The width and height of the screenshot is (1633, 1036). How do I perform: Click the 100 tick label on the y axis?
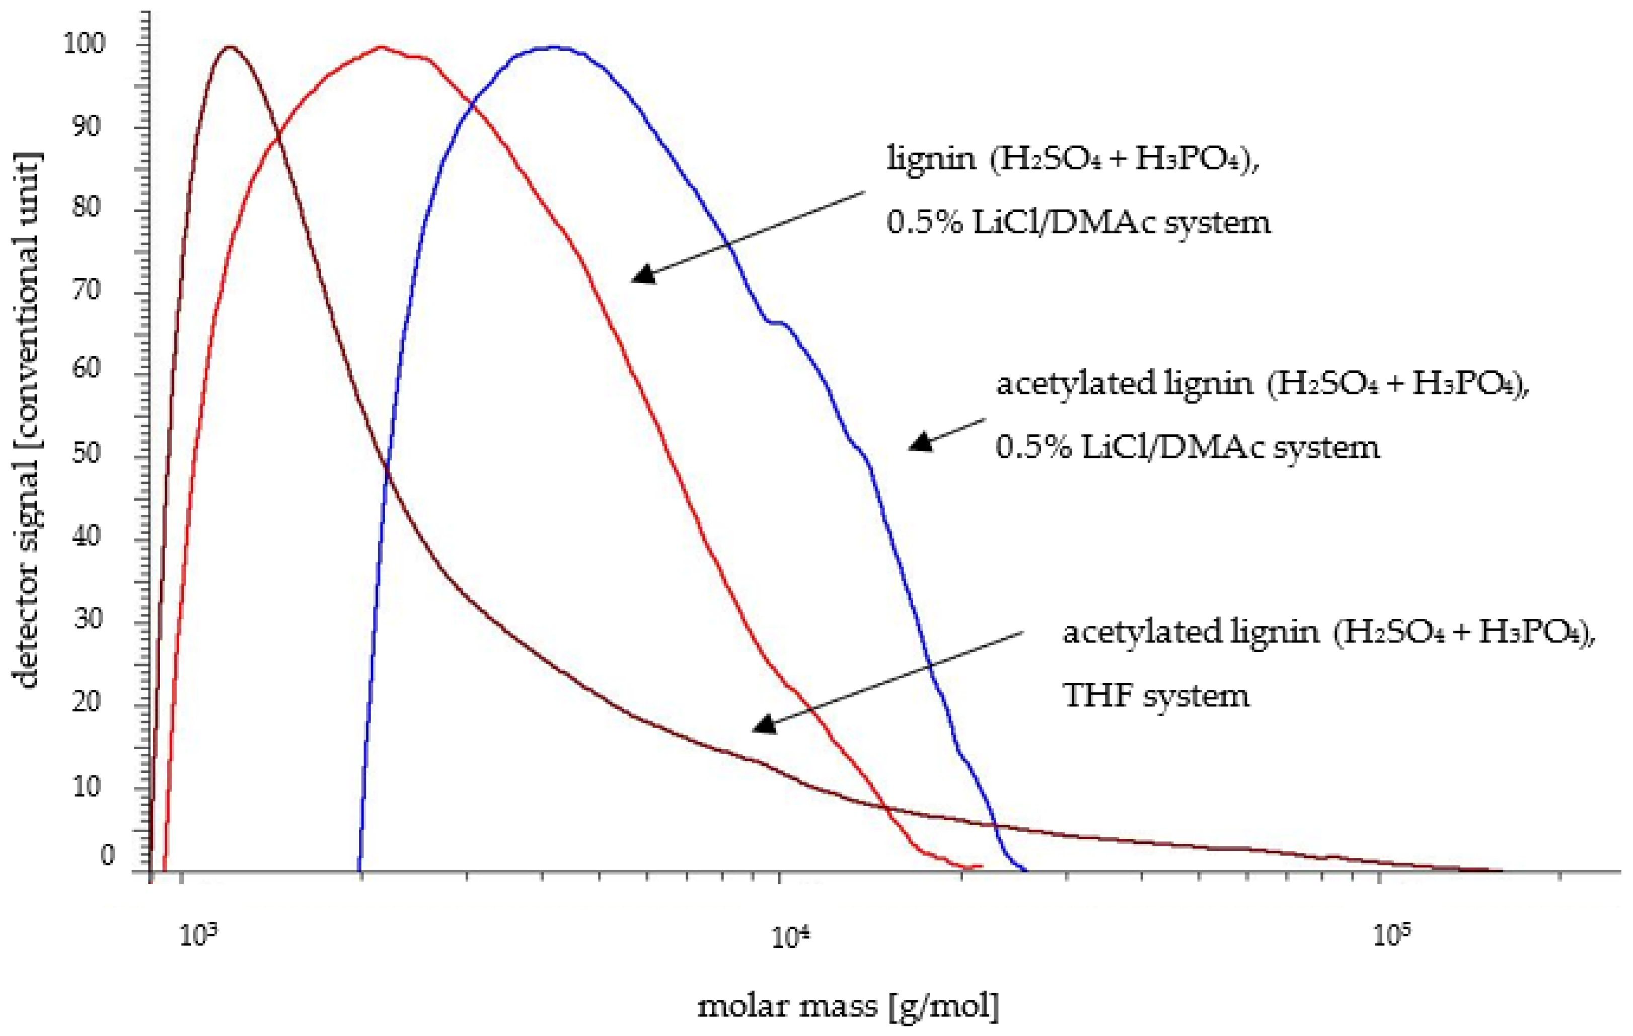(x=84, y=44)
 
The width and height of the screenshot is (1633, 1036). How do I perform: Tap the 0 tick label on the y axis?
(x=108, y=856)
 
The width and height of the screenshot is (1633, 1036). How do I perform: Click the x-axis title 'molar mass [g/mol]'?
(x=848, y=1005)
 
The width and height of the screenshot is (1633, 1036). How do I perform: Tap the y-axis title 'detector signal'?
(x=26, y=420)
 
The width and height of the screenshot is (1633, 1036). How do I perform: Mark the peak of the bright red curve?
(x=381, y=47)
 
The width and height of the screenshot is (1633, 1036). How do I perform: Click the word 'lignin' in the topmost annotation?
(x=932, y=160)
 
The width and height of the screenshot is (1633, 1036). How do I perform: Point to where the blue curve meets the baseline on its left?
(x=359, y=870)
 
